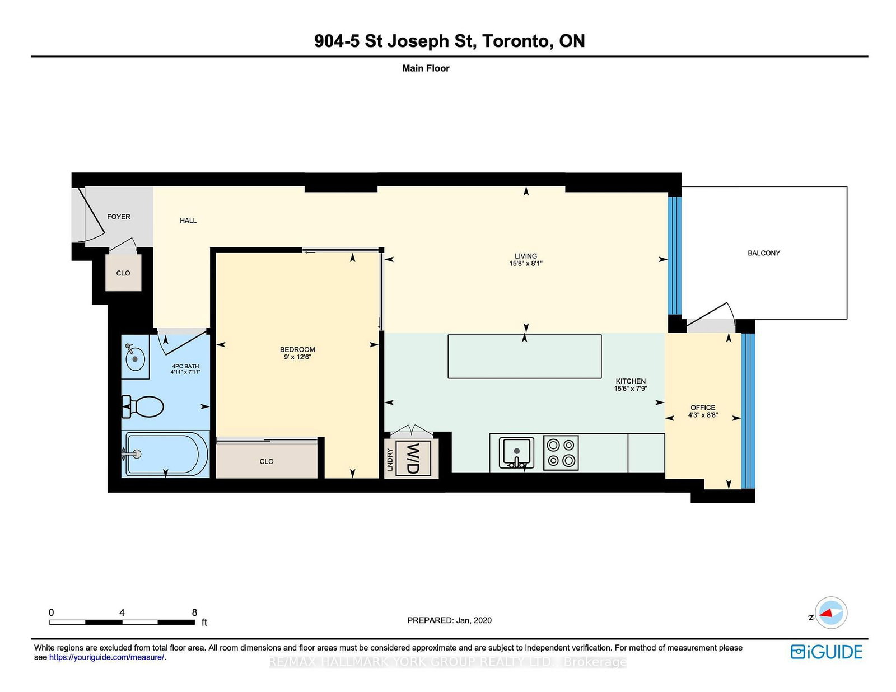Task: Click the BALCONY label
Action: [763, 253]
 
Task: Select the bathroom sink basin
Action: [135, 359]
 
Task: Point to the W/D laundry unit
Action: [413, 458]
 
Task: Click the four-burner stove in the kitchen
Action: [561, 452]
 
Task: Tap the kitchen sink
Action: [516, 451]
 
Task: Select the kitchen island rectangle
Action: [524, 357]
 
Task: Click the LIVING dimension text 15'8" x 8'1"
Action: [525, 263]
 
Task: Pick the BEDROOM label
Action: [297, 349]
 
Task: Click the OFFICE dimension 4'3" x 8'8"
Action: [703, 415]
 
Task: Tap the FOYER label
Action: [119, 217]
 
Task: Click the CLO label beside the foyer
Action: [123, 273]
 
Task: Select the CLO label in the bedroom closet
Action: [267, 461]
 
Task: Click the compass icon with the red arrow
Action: [831, 612]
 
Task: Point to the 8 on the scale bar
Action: [194, 612]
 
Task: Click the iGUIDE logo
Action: [826, 652]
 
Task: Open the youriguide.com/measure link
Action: [106, 657]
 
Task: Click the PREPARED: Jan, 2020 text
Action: [449, 620]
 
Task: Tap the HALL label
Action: [188, 221]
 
